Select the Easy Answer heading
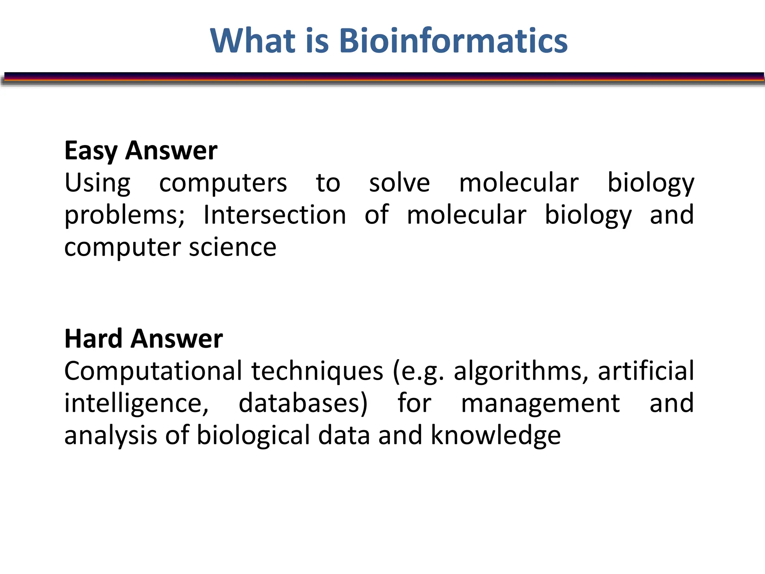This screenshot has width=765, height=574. [x=141, y=151]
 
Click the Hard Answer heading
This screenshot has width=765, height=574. [x=143, y=339]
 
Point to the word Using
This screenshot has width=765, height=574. [x=97, y=183]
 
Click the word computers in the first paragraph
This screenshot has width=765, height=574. [x=223, y=183]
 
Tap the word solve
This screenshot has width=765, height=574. [x=399, y=183]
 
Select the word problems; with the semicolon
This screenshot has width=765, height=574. [x=124, y=216]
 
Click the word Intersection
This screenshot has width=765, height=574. [x=275, y=215]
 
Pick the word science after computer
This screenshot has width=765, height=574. [x=232, y=247]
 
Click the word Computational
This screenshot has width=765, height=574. [x=153, y=371]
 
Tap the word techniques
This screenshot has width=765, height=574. [x=317, y=371]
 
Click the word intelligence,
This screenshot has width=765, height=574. [x=136, y=404]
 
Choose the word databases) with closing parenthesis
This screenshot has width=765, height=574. [x=303, y=404]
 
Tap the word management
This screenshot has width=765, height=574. [x=540, y=404]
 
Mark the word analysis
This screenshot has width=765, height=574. [x=111, y=436]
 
